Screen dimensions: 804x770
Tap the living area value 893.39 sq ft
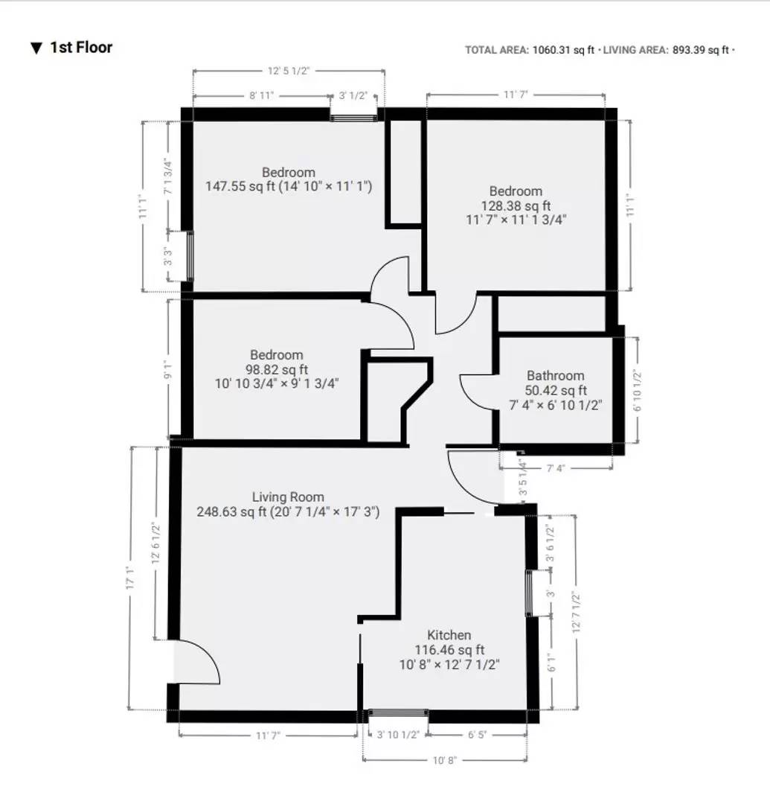(x=701, y=50)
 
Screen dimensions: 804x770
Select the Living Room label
(x=288, y=497)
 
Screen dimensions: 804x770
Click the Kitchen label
(x=449, y=635)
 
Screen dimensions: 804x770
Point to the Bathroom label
(x=555, y=376)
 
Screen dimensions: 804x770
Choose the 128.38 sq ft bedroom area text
(x=516, y=205)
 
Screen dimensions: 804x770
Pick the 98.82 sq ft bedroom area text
(x=277, y=369)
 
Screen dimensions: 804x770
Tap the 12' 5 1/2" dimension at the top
(x=289, y=71)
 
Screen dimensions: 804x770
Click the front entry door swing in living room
(x=198, y=663)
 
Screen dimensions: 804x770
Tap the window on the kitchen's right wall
(x=531, y=593)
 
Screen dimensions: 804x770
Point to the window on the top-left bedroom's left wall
(x=189, y=256)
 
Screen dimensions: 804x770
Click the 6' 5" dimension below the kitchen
(x=477, y=735)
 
